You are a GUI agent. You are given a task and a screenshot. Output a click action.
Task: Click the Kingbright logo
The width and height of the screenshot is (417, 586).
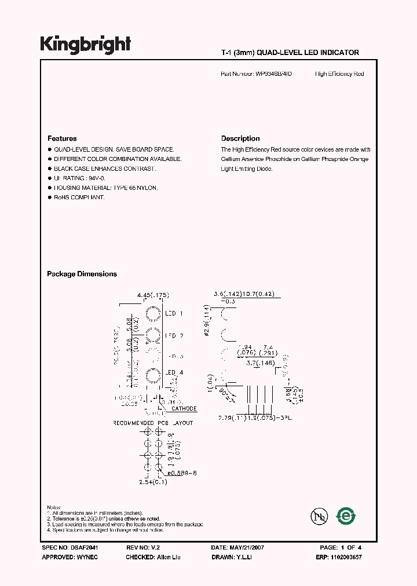click(85, 45)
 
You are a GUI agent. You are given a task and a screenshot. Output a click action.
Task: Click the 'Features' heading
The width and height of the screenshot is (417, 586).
click(62, 138)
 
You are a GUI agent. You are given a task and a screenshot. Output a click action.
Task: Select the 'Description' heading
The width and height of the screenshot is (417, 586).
click(240, 138)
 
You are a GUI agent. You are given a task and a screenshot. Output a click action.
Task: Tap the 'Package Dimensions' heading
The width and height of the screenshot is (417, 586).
click(82, 274)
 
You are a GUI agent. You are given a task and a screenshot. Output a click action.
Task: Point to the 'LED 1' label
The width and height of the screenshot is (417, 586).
click(174, 314)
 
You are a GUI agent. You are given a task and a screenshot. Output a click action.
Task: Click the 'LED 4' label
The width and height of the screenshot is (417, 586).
click(174, 372)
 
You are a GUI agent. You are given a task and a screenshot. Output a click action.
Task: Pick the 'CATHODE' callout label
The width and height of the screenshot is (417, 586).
click(184, 409)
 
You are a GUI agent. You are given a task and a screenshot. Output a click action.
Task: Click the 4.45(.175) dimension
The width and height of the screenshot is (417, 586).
click(152, 295)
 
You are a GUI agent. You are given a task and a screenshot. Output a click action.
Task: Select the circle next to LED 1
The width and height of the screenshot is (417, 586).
click(153, 314)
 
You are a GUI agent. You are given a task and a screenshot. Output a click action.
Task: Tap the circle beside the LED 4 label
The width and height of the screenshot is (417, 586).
click(153, 375)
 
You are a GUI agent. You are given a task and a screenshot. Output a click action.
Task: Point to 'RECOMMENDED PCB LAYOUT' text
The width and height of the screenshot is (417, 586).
click(153, 423)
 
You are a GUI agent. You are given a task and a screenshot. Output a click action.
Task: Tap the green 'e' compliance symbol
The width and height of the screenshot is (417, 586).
click(347, 515)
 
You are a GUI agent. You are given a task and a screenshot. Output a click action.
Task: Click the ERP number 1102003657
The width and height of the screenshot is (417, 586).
click(353, 557)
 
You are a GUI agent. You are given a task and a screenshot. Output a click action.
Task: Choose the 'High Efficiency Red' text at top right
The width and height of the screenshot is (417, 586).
click(339, 74)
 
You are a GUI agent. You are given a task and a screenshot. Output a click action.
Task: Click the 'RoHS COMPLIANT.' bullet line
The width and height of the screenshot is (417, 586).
click(79, 198)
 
